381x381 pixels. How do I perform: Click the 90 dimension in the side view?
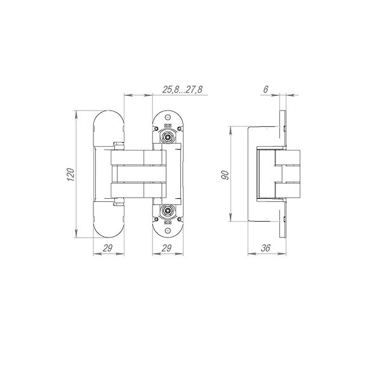(x=225, y=175)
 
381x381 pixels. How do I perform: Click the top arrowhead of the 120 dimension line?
(x=76, y=115)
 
